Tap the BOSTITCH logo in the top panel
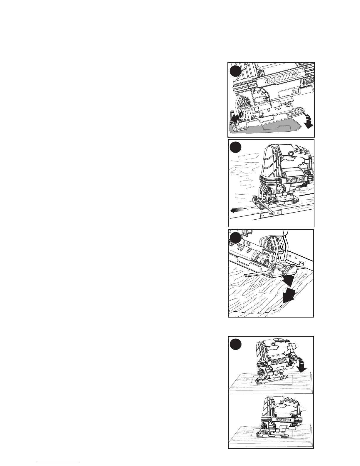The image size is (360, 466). (282, 77)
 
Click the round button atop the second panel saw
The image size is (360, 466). (291, 153)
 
